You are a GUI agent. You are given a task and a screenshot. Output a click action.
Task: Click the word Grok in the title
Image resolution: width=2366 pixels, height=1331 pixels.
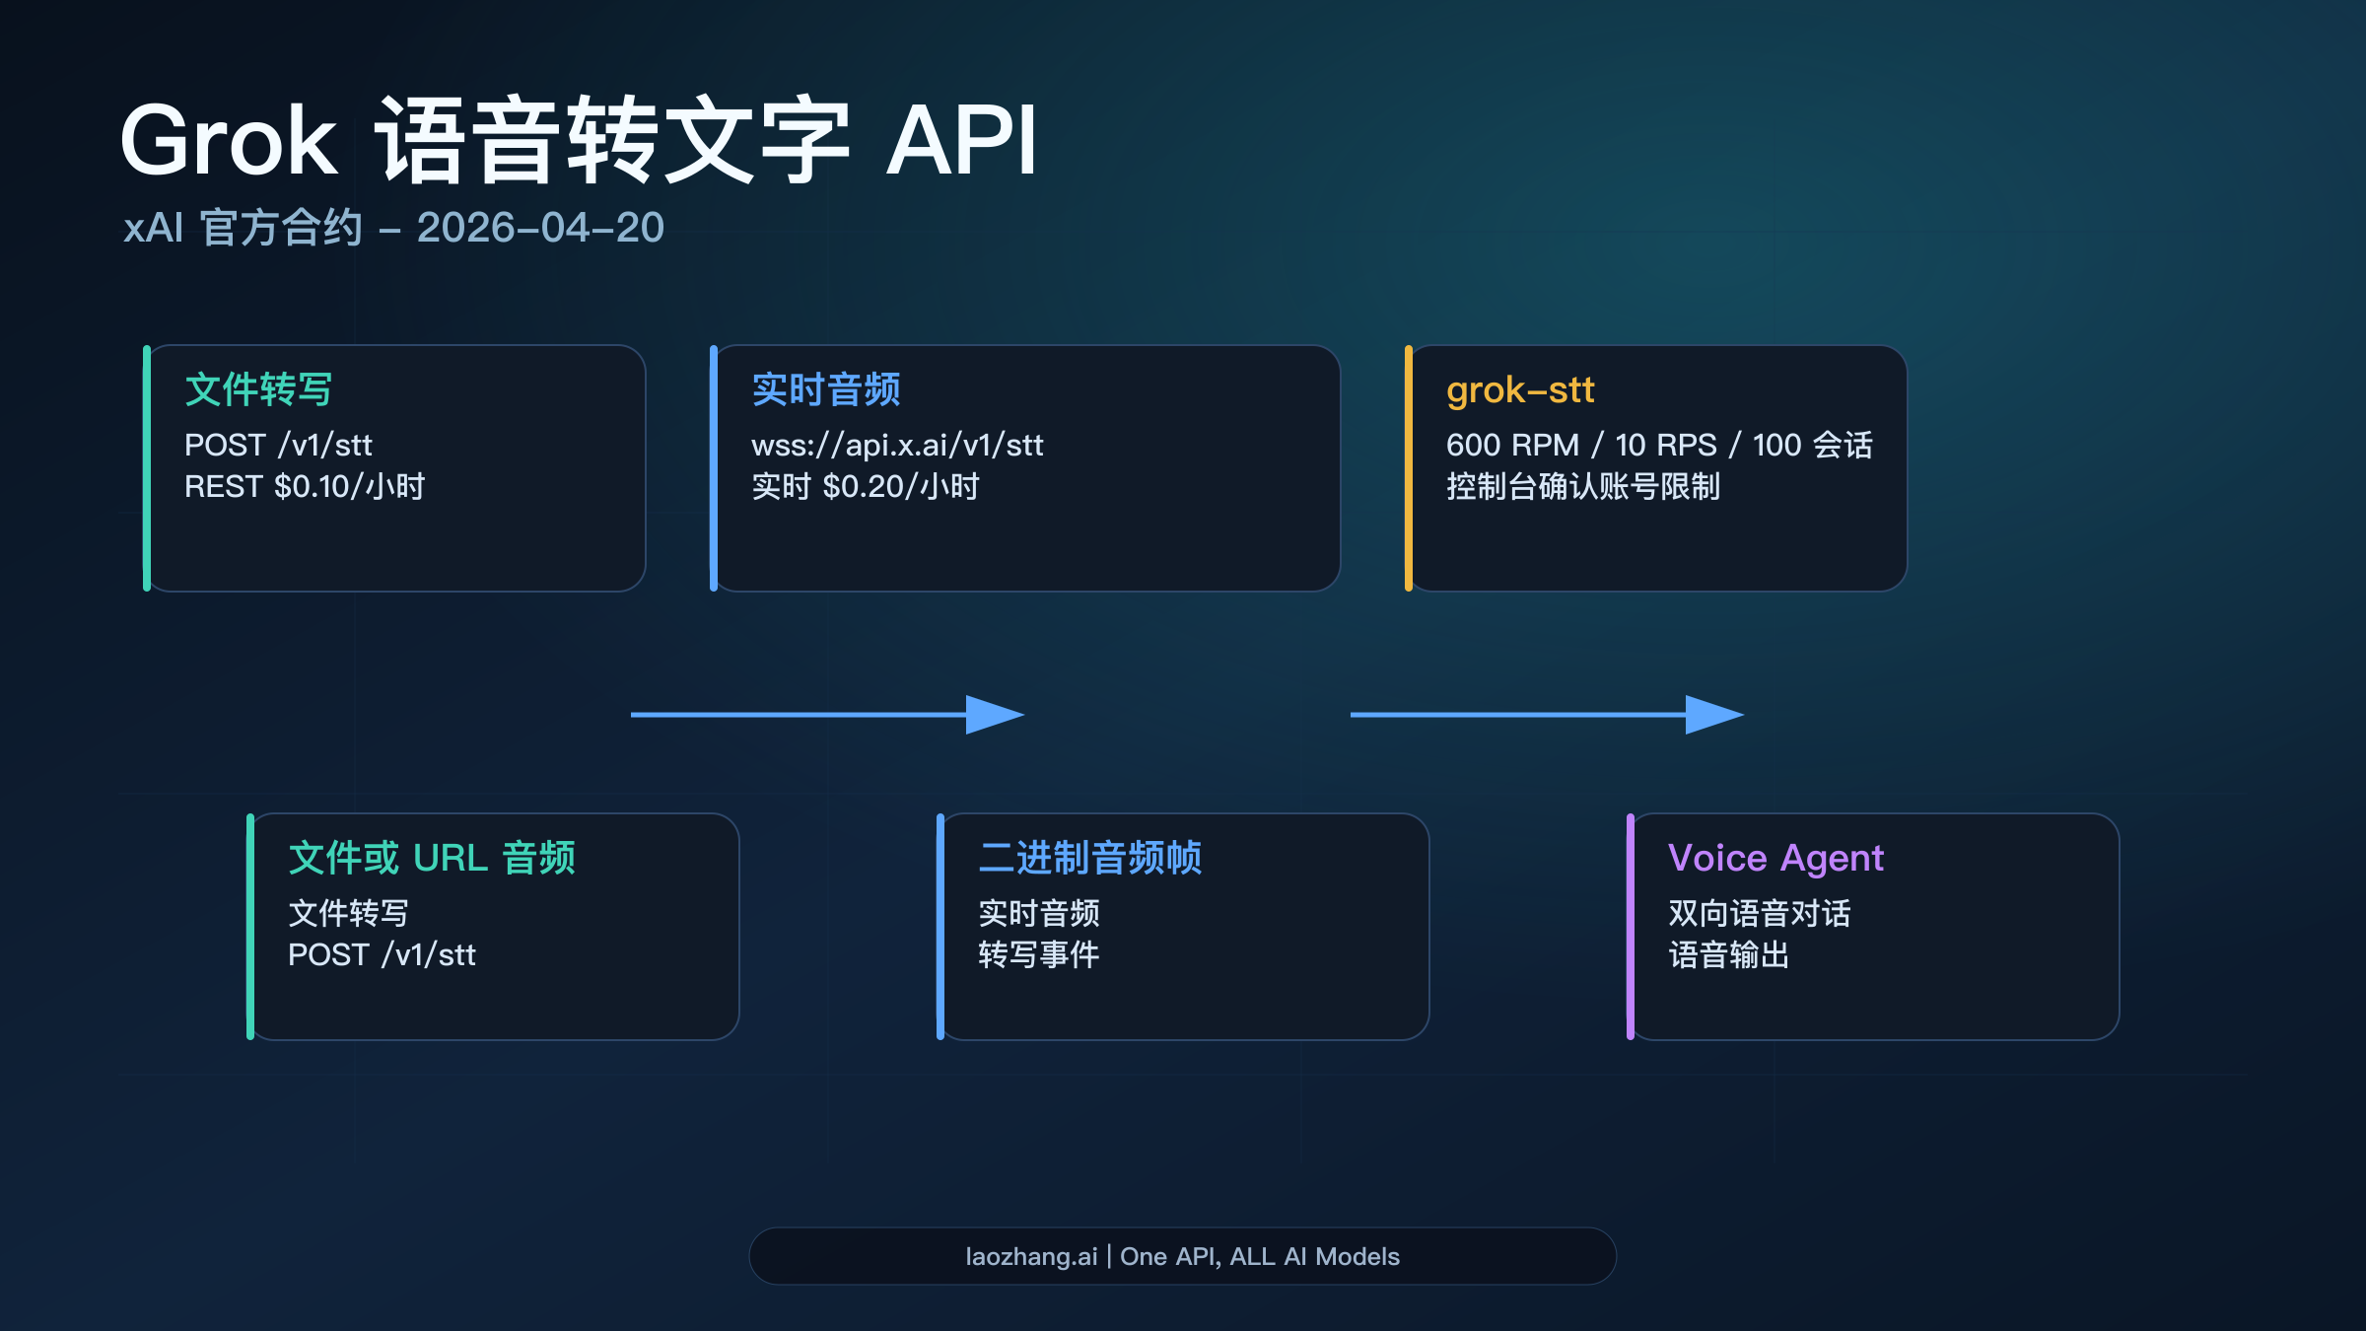pos(229,141)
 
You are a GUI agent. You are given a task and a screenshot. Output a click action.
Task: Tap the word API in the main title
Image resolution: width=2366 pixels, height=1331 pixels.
pos(961,141)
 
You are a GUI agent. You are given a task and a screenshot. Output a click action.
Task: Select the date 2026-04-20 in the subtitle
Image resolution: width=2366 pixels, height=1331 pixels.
pos(540,228)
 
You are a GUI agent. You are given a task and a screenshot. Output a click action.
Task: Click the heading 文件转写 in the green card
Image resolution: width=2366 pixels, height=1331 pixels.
pos(258,389)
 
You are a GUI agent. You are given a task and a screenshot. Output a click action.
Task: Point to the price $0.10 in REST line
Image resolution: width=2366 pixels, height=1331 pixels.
pos(312,486)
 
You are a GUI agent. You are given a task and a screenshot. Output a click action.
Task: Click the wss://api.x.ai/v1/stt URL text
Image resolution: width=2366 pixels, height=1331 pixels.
pos(896,445)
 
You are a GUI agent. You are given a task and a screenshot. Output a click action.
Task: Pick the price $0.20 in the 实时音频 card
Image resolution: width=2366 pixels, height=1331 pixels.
pos(863,486)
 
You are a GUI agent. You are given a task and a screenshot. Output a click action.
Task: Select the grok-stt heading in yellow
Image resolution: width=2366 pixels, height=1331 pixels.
pos(1519,389)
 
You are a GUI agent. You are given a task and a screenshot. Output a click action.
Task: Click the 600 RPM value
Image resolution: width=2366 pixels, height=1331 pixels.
pos(1512,445)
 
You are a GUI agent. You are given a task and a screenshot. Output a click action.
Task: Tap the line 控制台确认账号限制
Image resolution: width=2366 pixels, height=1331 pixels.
pos(1582,486)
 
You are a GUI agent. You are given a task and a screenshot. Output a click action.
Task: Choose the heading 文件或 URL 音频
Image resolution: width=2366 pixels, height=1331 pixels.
pos(431,858)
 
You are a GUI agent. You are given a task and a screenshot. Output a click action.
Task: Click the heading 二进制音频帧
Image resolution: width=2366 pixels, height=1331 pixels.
pos(1089,858)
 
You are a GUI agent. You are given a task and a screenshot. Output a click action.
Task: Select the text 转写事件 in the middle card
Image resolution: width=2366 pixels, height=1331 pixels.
pos(1038,954)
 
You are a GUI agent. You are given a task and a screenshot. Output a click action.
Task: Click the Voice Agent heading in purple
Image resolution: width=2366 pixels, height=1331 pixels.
pos(1774,858)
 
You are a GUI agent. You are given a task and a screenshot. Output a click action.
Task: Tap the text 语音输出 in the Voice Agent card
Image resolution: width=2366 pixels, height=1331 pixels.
pos(1728,954)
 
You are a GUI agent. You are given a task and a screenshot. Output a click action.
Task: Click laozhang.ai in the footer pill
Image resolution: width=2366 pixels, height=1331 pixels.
pos(1030,1256)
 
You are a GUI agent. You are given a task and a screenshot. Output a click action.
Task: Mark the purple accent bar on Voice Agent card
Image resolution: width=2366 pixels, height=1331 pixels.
pos(1631,927)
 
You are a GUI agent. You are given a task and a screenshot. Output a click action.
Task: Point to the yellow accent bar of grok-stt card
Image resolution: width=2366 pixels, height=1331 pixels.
pos(1409,468)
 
